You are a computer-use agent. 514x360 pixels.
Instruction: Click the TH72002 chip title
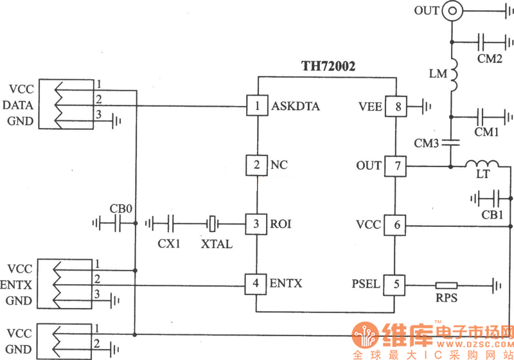tap(328, 66)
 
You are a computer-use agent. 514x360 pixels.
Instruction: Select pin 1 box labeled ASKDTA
tap(257, 106)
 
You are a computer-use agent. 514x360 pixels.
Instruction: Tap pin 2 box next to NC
tap(257, 165)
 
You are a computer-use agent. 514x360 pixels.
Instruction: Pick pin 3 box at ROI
tap(257, 224)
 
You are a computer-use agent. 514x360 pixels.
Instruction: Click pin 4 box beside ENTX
tap(257, 283)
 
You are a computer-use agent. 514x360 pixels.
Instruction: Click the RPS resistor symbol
tap(446, 284)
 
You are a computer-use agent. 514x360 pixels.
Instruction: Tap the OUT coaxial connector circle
tap(454, 10)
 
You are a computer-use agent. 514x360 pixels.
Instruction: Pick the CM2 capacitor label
tap(490, 59)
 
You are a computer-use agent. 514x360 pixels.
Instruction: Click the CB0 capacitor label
tap(121, 208)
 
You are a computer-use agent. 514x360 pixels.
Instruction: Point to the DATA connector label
tap(18, 105)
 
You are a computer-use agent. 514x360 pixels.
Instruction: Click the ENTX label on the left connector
tap(18, 283)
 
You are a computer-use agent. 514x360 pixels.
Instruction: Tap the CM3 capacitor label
tap(426, 143)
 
